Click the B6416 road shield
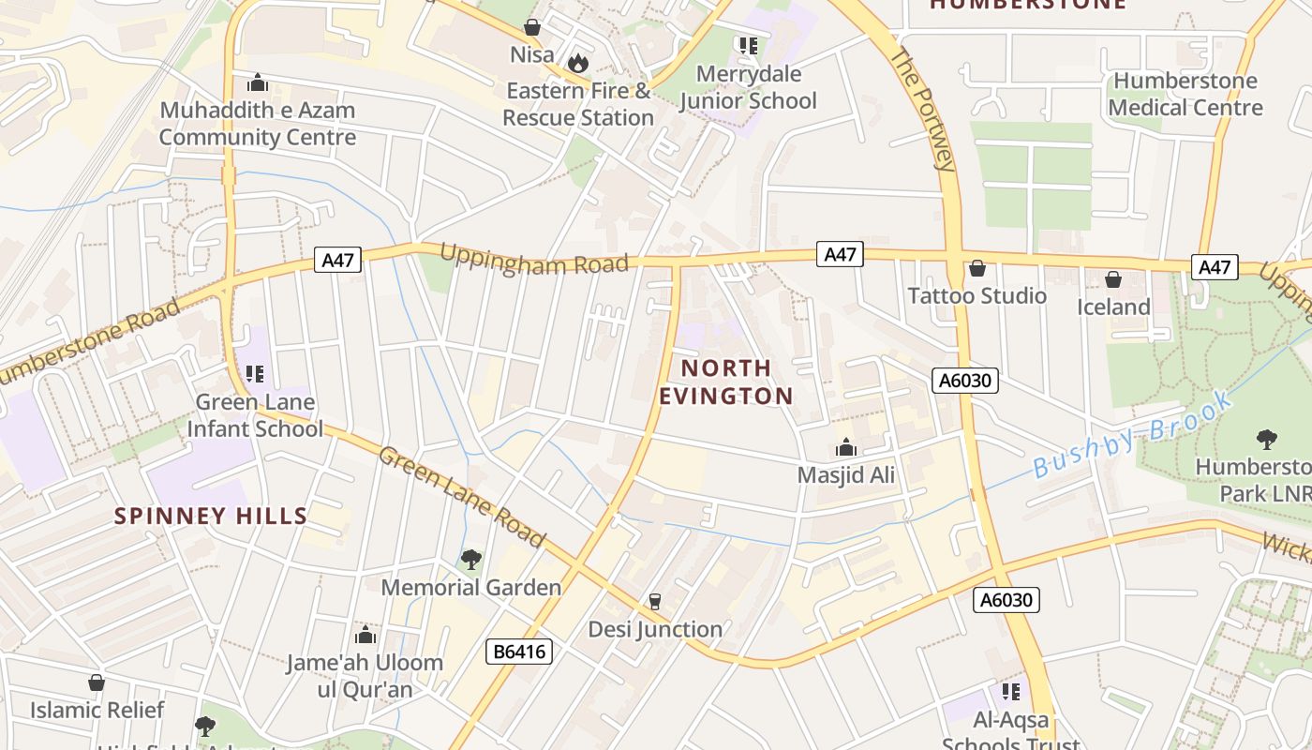coord(518,652)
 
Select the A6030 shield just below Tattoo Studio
coord(965,380)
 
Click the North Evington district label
coord(726,382)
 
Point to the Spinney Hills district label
coord(211,516)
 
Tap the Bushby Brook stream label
coord(1134,436)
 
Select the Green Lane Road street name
coord(461,497)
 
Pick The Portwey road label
coord(923,110)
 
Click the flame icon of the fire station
coord(578,63)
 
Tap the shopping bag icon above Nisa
coord(532,27)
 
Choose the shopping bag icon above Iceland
coord(1113,279)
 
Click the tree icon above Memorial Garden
coord(470,560)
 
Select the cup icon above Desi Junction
coord(655,601)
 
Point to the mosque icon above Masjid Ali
coord(846,447)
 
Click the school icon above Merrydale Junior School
coord(748,45)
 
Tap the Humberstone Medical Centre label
coord(1185,95)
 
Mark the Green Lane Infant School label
coord(254,415)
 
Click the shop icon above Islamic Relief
coord(97,682)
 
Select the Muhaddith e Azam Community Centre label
coord(258,124)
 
